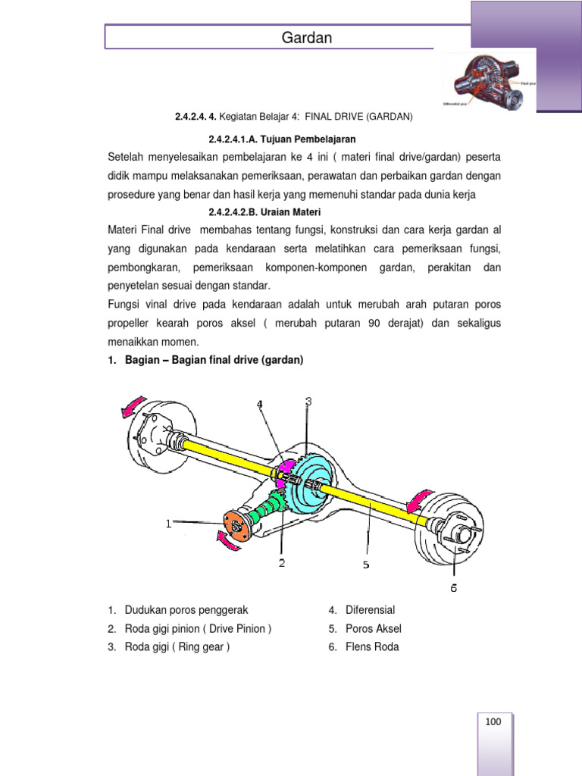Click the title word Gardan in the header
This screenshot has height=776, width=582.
[307, 37]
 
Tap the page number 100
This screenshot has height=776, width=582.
[493, 722]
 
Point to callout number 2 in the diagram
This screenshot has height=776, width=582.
[282, 562]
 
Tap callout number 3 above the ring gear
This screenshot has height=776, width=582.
[308, 401]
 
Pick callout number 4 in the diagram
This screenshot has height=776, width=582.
[259, 405]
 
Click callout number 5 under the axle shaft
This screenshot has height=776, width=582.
[366, 565]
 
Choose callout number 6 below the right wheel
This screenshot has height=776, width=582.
[453, 587]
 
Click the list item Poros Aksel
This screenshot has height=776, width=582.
[373, 629]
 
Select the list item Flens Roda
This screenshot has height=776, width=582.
[371, 647]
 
